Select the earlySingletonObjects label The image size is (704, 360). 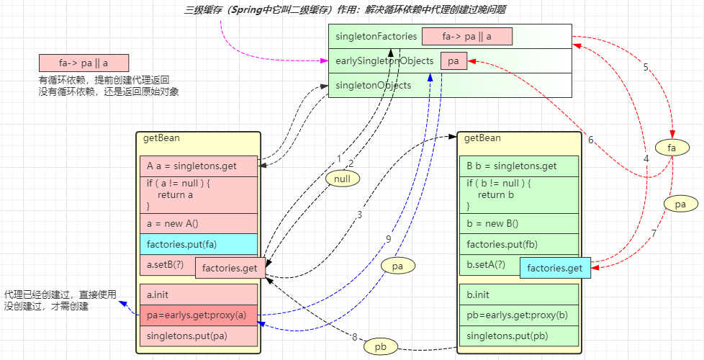(x=384, y=61)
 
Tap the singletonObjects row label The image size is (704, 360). (x=373, y=85)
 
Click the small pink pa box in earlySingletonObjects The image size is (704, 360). (x=453, y=61)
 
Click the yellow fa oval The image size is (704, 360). (x=672, y=147)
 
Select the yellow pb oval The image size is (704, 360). (x=380, y=347)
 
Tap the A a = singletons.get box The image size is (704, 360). (x=199, y=166)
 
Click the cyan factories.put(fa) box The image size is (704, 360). (x=199, y=244)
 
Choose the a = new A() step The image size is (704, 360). (x=199, y=223)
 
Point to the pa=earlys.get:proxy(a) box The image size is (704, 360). (x=199, y=315)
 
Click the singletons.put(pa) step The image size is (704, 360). (x=199, y=336)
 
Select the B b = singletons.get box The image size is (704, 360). (x=519, y=166)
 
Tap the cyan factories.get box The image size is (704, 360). (x=555, y=269)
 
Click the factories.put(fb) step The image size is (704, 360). (x=519, y=244)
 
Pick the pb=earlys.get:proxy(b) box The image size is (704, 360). (x=519, y=315)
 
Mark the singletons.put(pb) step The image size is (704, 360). (x=519, y=336)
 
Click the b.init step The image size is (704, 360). (x=519, y=294)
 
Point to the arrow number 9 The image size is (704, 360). (x=389, y=239)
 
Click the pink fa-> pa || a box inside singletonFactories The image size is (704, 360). (x=467, y=37)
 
